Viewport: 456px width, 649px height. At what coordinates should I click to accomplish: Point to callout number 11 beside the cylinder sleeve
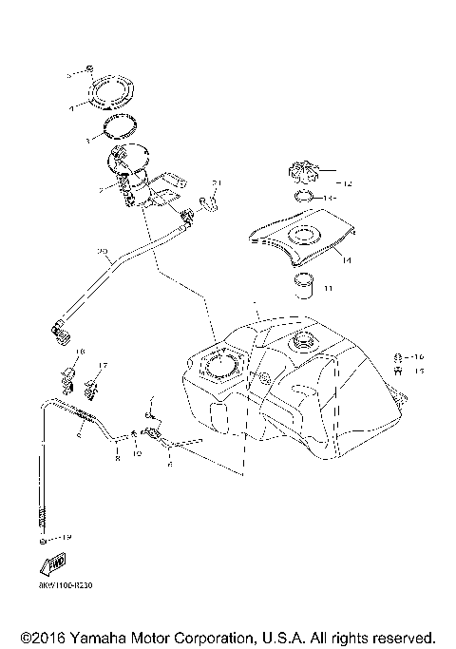[328, 286]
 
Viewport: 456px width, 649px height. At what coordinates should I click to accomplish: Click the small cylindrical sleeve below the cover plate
[302, 284]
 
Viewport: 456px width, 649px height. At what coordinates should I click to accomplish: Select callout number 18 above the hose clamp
[80, 352]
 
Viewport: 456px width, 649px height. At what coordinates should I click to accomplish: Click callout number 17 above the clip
[104, 365]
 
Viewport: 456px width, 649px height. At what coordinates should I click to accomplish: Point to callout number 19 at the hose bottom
[66, 538]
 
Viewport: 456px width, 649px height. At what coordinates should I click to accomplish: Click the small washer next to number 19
[45, 539]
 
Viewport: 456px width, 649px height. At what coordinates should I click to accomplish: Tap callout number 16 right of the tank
[417, 357]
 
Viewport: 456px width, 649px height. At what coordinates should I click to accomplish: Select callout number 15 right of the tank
[417, 372]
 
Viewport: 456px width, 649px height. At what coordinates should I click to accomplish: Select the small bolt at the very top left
[88, 69]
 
